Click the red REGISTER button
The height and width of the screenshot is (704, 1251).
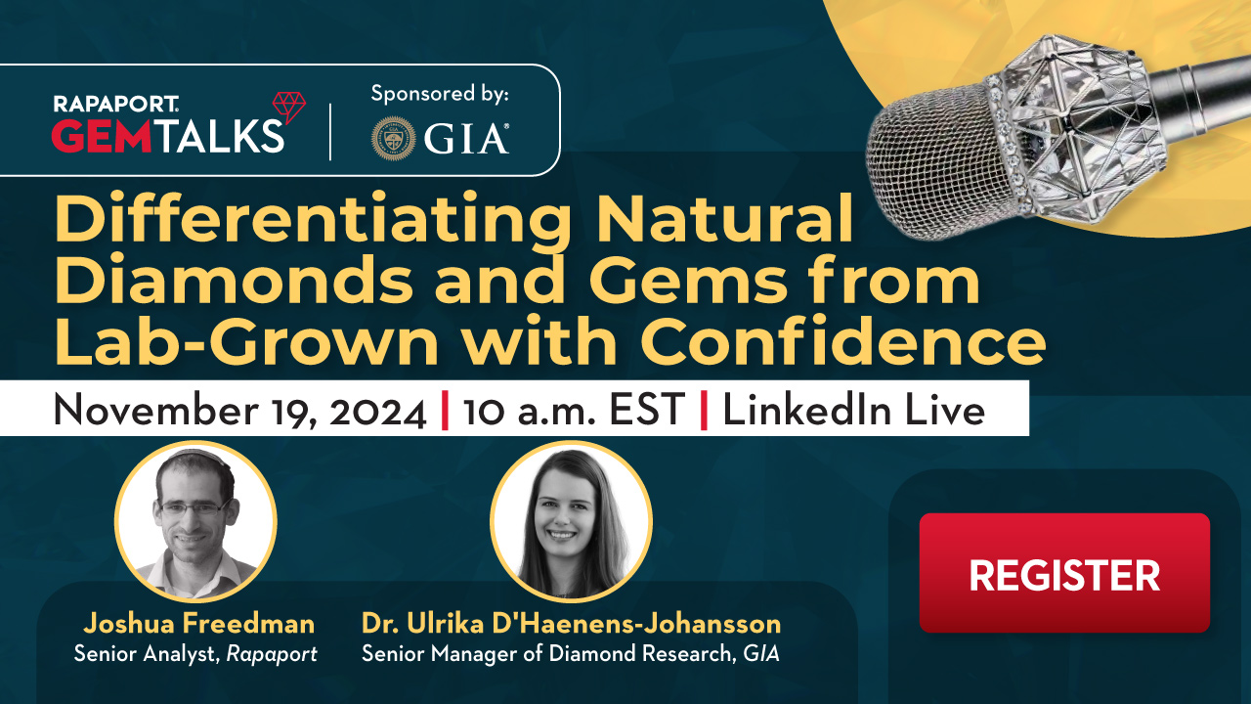pyautogui.click(x=1064, y=573)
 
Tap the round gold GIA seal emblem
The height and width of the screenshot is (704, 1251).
pyautogui.click(x=394, y=139)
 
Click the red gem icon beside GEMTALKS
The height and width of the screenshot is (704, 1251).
pyautogui.click(x=289, y=108)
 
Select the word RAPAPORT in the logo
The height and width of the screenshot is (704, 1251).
pyautogui.click(x=115, y=104)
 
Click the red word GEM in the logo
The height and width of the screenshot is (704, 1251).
pyautogui.click(x=102, y=135)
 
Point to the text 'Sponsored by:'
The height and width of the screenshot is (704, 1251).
pyautogui.click(x=440, y=93)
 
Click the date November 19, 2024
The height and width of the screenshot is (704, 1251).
pyautogui.click(x=240, y=411)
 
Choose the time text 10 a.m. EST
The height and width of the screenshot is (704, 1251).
pyautogui.click(x=574, y=410)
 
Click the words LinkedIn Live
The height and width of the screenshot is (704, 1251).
pyautogui.click(x=853, y=410)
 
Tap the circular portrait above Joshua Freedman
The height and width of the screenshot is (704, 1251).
pyautogui.click(x=195, y=521)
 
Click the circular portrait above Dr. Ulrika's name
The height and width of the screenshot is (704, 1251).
pyautogui.click(x=572, y=521)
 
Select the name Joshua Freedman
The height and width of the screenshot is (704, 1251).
pyautogui.click(x=198, y=624)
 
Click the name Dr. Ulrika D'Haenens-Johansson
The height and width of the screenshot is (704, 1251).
pyautogui.click(x=571, y=624)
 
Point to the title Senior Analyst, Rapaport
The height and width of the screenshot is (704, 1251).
pyautogui.click(x=195, y=654)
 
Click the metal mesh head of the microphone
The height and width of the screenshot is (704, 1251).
pyautogui.click(x=938, y=162)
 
